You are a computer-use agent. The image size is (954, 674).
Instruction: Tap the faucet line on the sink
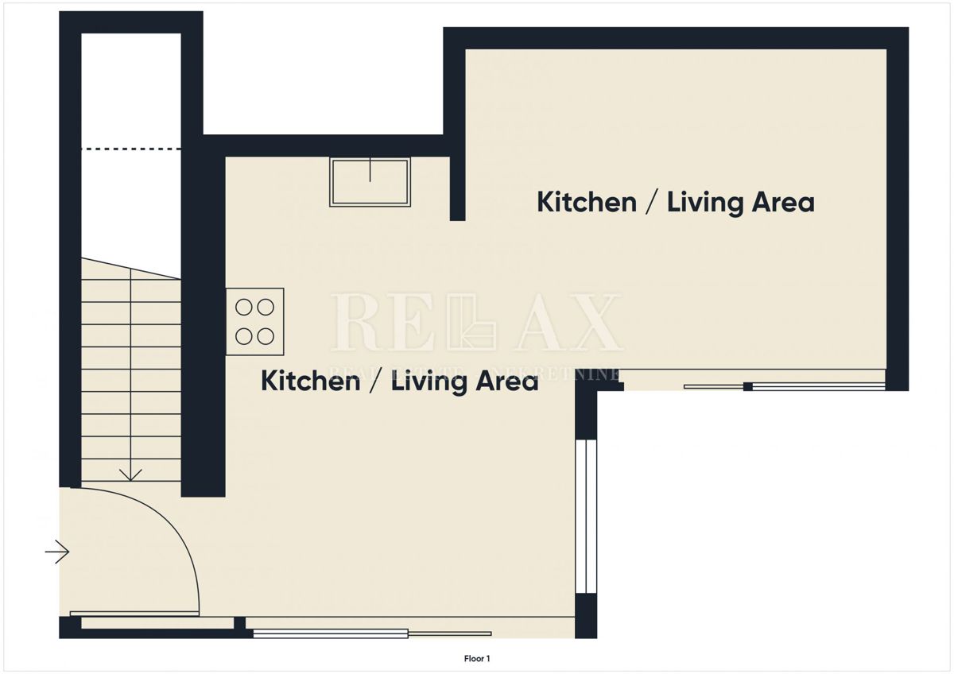[x=370, y=169]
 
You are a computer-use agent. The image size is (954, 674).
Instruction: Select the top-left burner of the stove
[x=244, y=306]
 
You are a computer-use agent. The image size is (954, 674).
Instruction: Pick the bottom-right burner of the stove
[x=266, y=336]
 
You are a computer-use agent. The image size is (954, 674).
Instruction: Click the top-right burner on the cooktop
[x=266, y=306]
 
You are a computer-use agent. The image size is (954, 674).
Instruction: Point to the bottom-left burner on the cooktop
[x=244, y=336]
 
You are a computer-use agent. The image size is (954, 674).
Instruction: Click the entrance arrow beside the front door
[x=57, y=551]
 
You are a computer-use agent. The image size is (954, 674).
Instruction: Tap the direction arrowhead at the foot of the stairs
[x=130, y=475]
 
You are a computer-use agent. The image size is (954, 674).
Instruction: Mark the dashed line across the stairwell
[x=131, y=149]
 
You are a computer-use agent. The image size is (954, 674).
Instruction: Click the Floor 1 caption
[x=477, y=658]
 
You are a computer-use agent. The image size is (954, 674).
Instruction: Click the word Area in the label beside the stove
[x=506, y=382]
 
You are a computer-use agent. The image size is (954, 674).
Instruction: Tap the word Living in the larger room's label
[x=705, y=202]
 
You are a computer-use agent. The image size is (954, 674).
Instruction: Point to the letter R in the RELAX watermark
[x=355, y=322]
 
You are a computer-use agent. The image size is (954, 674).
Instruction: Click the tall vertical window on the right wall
[x=585, y=517]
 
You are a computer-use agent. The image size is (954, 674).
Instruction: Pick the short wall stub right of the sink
[x=457, y=187]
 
